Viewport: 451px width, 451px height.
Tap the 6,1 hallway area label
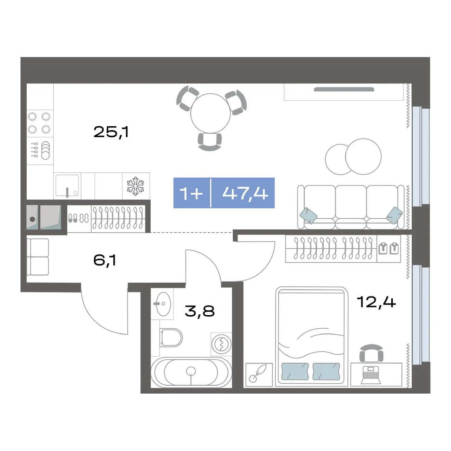105,260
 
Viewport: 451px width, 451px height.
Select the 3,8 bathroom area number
200,311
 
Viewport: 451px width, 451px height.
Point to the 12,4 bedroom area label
376,302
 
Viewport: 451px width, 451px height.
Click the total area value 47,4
245,193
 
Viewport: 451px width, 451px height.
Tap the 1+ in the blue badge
191,193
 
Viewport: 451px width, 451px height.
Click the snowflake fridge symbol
135,186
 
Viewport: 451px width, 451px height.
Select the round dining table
210,113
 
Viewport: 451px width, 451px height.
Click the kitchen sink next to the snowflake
67,186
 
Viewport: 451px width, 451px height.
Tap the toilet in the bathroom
171,338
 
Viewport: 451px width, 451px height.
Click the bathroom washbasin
163,304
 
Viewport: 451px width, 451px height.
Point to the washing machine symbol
221,344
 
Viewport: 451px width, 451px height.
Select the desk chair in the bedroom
371,353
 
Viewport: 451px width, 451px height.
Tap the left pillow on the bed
295,371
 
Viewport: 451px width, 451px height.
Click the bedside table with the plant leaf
259,374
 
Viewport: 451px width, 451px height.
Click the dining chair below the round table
210,141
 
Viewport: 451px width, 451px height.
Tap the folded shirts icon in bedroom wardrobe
389,248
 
